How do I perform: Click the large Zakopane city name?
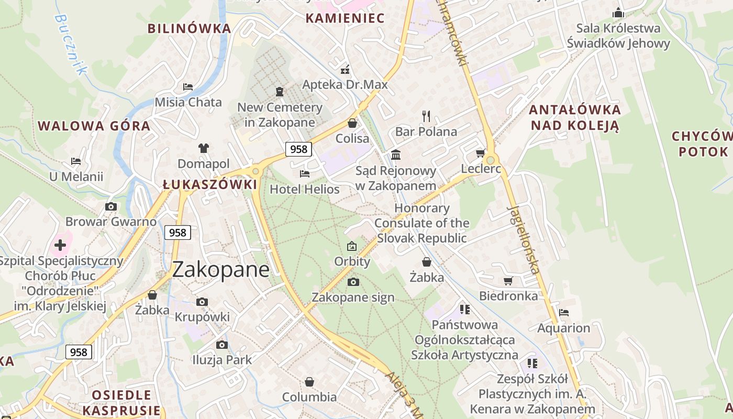220,269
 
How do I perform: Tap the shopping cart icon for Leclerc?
480,153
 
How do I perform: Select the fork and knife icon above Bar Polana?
426,116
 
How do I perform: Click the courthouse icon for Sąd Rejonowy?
396,155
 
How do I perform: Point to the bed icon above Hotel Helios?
305,173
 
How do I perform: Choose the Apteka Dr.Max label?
345,84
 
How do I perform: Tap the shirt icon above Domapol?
204,148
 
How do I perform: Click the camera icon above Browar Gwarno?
110,206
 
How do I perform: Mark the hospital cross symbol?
60,245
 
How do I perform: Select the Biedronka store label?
508,296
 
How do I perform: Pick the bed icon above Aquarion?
564,313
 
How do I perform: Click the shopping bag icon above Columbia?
309,381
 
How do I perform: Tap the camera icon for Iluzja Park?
222,345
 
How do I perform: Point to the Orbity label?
352,261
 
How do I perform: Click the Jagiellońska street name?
523,240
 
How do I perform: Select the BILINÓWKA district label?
189,28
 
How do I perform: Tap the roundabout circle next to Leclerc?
491,160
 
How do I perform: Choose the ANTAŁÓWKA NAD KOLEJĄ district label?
574,117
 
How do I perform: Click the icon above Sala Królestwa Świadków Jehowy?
618,12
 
